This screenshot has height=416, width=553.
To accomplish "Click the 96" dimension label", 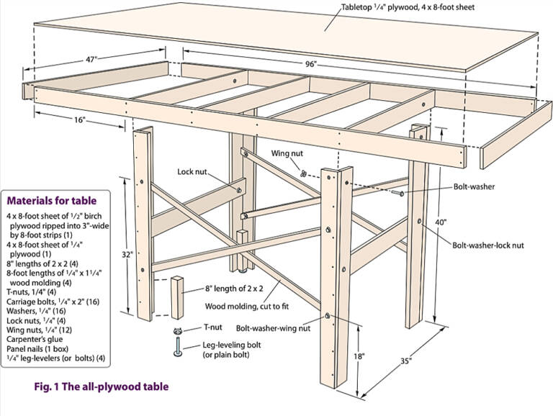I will coord(311,64).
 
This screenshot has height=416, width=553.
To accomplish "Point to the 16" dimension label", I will coord(80,120).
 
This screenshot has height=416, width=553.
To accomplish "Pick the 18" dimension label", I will coord(359,356).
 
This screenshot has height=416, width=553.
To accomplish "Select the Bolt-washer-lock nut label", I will coord(488,245).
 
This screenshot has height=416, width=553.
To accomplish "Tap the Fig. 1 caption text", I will coord(101,386).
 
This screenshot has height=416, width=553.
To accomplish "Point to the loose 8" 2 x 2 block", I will coord(179,297).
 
